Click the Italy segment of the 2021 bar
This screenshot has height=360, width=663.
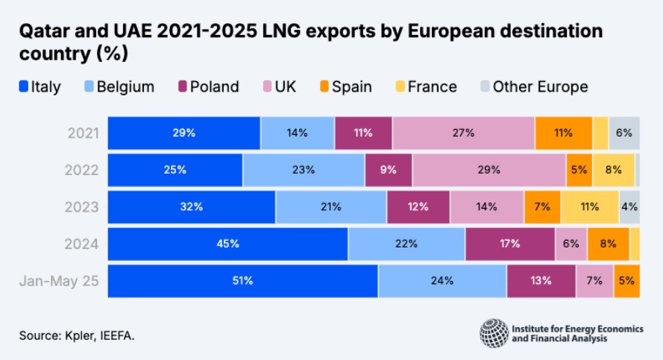point(184,133)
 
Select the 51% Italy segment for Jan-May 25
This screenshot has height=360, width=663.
point(242,281)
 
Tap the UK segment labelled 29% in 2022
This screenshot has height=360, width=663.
point(488,170)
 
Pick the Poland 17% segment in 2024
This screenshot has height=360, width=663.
point(510,244)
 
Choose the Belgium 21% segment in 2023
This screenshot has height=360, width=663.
point(330,207)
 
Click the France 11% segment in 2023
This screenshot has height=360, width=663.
point(590,207)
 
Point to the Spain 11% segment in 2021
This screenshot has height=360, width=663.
point(563,133)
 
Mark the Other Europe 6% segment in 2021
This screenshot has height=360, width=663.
point(624,133)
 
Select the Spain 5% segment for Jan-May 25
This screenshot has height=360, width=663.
point(626,281)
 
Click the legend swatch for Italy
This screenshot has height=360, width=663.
point(23,86)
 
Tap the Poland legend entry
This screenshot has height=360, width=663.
point(207,86)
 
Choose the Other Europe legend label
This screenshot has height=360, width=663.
point(540,86)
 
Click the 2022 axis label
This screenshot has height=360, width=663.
point(83,170)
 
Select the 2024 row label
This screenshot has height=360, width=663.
point(83,244)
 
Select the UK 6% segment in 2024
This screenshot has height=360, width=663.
point(571,244)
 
